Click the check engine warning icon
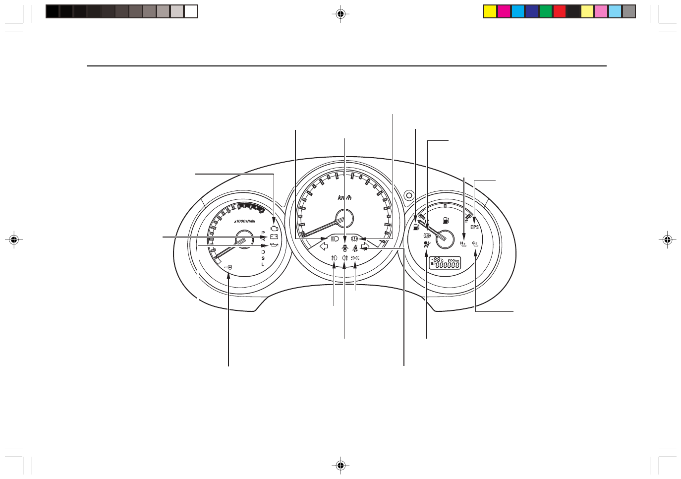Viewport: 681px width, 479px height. click(274, 229)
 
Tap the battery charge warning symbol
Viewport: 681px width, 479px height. click(274, 237)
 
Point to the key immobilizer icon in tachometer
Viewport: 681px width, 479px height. click(228, 267)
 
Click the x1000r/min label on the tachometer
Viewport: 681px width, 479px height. click(244, 221)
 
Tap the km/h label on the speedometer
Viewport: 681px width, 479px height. click(344, 198)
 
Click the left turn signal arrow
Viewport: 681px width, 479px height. click(324, 245)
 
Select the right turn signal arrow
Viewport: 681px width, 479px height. click(365, 245)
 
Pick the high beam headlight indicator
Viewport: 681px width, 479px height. click(335, 239)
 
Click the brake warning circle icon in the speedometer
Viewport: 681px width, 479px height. click(354, 239)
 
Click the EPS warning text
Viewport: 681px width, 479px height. click(475, 227)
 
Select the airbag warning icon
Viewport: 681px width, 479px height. click(427, 244)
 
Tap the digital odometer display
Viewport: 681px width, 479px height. click(445, 263)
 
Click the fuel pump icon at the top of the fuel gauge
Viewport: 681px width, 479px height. click(446, 220)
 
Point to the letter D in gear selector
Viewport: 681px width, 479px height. click(263, 252)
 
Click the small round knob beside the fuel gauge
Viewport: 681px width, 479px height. click(408, 195)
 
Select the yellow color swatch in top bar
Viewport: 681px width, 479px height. click(490, 11)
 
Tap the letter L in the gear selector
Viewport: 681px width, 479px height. click(263, 264)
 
